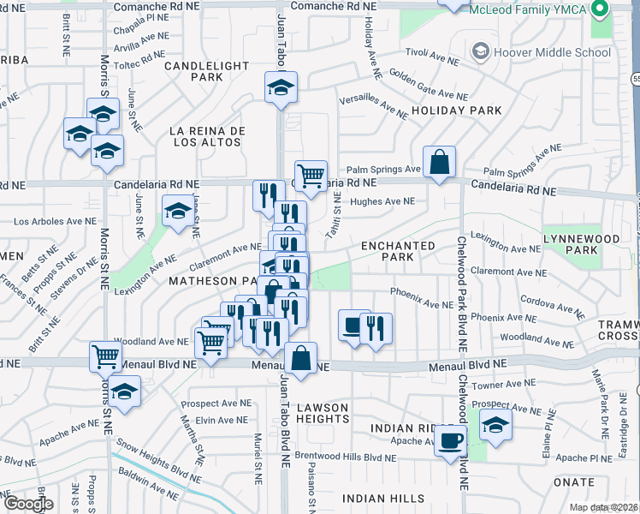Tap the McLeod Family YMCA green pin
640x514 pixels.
599,11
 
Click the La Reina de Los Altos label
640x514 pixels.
208,136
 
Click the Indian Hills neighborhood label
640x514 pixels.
384,499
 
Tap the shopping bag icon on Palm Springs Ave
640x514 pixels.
439,161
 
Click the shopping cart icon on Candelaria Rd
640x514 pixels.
311,176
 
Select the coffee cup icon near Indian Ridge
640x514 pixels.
451,441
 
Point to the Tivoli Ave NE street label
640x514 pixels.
430,62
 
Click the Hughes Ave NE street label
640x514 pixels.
382,202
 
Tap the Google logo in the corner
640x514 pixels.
27,503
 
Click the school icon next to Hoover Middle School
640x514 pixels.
481,52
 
